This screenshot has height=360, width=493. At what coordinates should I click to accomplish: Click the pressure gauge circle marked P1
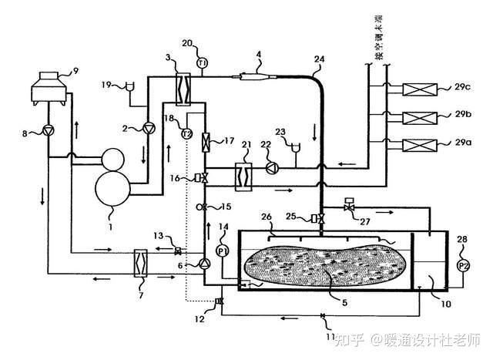coord(223,251)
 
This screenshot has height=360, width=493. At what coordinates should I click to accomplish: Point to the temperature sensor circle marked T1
coord(203,63)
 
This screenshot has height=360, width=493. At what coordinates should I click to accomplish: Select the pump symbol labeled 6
coord(204,263)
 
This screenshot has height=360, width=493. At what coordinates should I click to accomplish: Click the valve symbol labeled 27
coord(348,207)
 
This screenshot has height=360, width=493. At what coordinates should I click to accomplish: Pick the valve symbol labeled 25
coord(316,219)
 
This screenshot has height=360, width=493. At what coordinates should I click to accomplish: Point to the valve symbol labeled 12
coord(220,301)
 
